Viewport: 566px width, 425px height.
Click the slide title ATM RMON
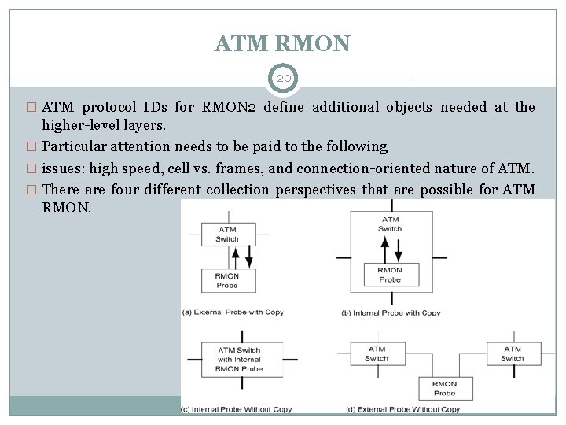pyautogui.click(x=283, y=43)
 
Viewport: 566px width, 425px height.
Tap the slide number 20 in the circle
pyautogui.click(x=283, y=79)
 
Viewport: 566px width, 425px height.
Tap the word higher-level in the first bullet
pyautogui.click(x=75, y=125)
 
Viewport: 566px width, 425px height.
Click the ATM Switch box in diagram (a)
pyautogui.click(x=227, y=234)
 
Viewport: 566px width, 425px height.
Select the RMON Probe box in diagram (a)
pyautogui.click(x=227, y=279)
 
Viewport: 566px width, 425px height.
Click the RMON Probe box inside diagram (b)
pyautogui.click(x=390, y=275)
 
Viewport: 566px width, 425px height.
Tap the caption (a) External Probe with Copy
pyautogui.click(x=233, y=312)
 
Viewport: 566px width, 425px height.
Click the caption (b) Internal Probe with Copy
pyautogui.click(x=391, y=313)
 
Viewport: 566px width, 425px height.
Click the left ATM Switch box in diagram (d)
pyautogui.click(x=377, y=354)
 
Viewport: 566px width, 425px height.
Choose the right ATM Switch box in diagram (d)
pyautogui.click(x=512, y=354)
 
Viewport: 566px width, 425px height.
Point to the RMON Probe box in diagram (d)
pyautogui.click(x=444, y=389)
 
